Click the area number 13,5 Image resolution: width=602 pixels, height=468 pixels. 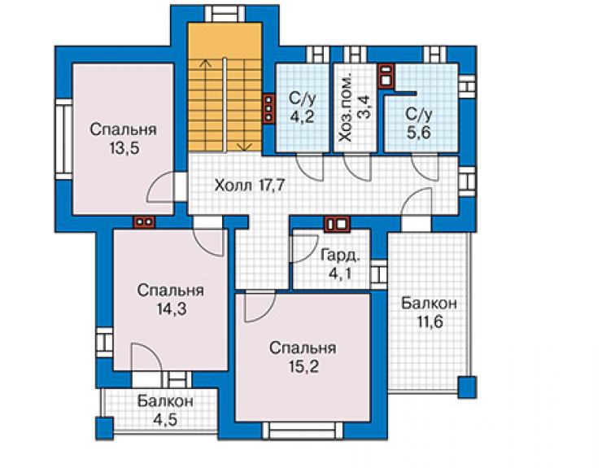124,148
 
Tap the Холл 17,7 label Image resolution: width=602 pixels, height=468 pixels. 250,186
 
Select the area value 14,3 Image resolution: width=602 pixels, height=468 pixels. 171,308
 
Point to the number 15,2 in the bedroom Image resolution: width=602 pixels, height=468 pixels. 303,366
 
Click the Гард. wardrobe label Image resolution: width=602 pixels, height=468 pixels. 341,255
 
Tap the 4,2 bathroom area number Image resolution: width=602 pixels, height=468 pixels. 302,116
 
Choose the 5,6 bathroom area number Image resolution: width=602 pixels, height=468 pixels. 419,132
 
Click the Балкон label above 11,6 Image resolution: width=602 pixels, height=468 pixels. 430,303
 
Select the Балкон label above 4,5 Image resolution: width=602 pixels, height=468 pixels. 165,401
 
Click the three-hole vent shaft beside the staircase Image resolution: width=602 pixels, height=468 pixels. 268,109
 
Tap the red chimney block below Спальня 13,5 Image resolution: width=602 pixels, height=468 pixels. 144,221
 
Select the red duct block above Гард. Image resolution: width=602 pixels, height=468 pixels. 337,224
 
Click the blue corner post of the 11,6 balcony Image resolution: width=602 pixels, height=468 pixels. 467,387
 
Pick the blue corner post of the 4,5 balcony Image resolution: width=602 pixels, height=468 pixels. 104,427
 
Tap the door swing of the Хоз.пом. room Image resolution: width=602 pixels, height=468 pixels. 358,167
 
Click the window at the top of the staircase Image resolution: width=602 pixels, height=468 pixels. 225,14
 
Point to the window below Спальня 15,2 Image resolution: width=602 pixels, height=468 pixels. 303,431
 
